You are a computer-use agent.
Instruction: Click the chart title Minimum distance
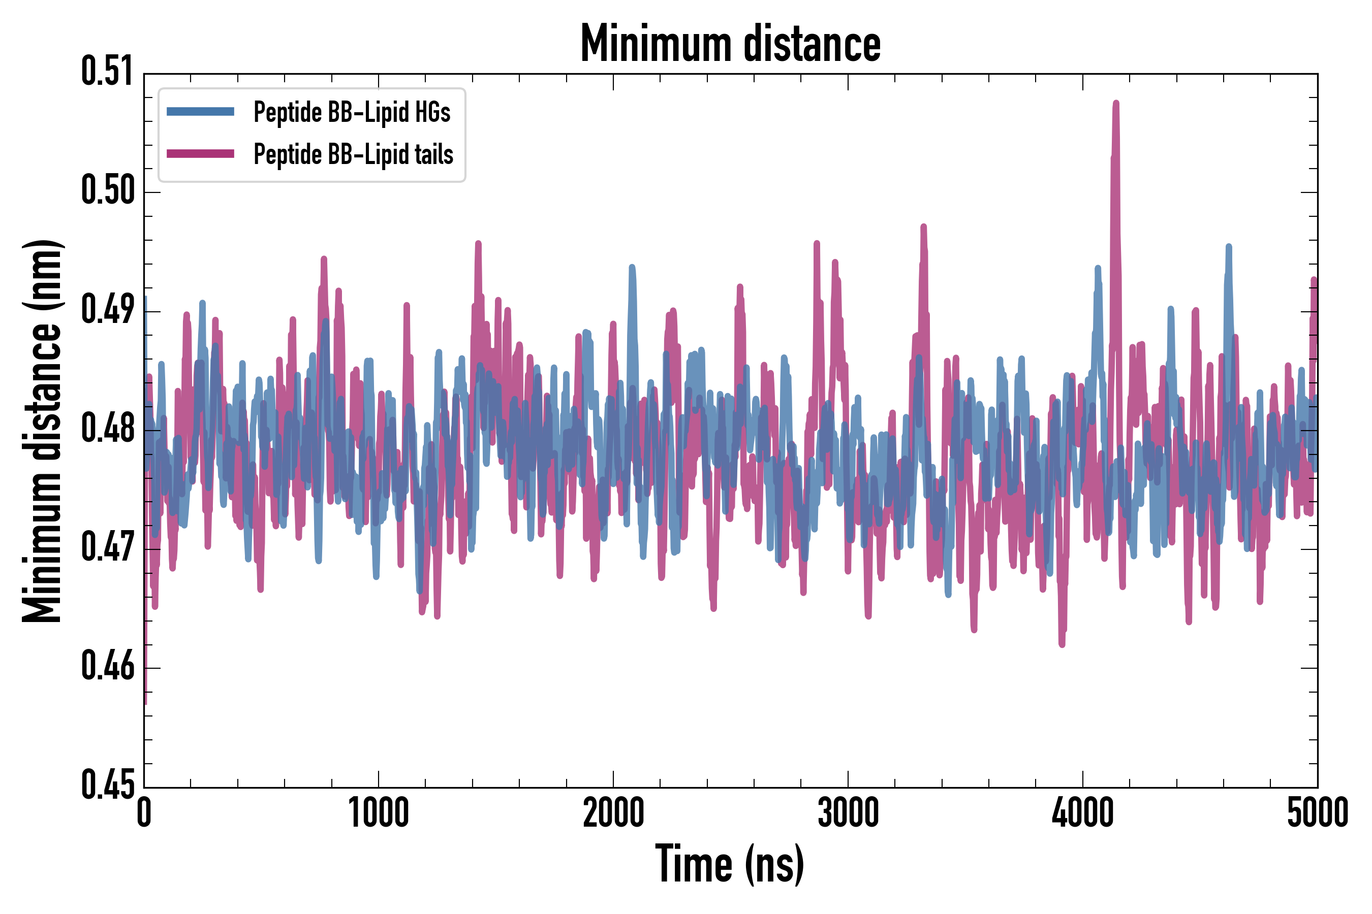point(730,44)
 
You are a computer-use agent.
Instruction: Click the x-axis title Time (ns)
point(730,864)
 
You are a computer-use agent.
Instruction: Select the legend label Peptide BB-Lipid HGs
point(352,111)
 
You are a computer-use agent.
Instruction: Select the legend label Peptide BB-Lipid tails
point(354,154)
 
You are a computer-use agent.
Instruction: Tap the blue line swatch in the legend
point(200,111)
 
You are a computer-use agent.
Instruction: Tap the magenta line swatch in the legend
point(200,154)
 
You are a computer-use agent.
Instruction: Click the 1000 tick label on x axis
point(379,813)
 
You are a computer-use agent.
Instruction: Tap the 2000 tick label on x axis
point(613,813)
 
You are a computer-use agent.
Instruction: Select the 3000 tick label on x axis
point(848,813)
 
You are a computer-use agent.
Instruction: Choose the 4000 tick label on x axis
point(1083,813)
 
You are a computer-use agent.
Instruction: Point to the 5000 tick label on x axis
point(1317,813)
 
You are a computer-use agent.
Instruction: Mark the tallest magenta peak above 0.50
point(1116,105)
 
